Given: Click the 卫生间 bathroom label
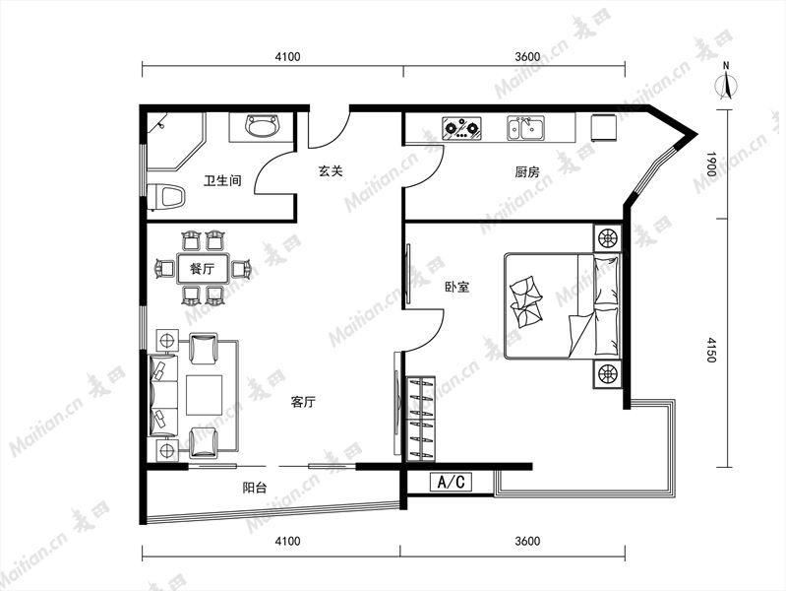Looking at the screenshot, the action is pos(222,180).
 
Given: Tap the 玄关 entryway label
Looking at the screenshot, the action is pos(331,170).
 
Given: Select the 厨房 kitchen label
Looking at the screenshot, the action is pos(527,172).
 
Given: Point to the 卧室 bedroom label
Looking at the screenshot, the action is pos(457,288).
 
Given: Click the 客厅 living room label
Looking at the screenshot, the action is pos(303,402).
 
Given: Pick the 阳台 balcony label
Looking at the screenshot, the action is pos(255,487).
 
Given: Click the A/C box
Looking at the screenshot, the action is pos(452,482).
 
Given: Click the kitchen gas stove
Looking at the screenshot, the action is pos(461,129).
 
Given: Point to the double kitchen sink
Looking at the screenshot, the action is pos(525,128).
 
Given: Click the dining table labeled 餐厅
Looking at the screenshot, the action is pos(203,269).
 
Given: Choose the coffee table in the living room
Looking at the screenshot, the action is pos(205,395).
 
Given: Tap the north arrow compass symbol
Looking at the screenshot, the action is pos(726,83).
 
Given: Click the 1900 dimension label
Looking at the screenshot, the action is pos(711,164).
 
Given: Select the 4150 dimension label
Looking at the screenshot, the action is pos(711,350).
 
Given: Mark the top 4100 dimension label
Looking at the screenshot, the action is pos(287,56).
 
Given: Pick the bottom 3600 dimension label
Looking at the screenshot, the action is pos(527,541).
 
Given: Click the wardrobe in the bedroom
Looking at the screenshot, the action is pos(421,419).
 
